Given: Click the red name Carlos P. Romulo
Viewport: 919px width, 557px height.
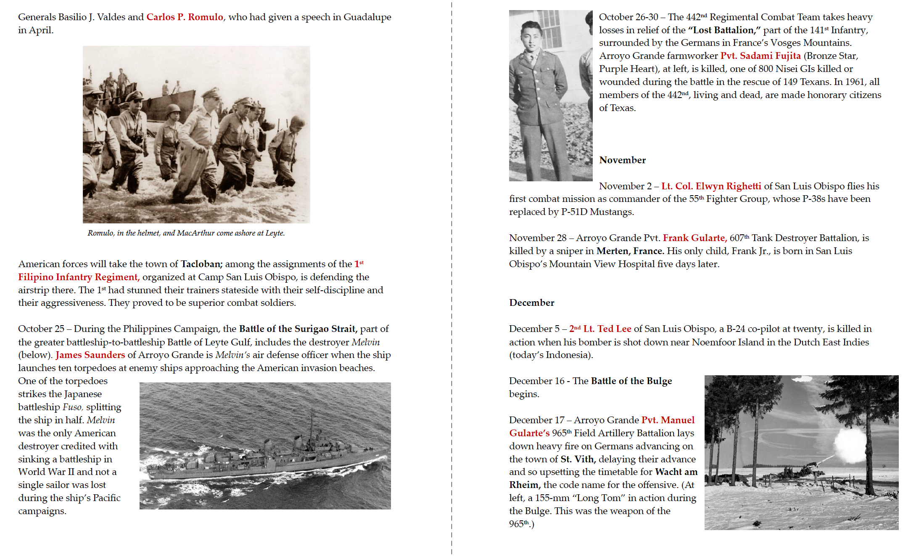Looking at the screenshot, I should [185, 17].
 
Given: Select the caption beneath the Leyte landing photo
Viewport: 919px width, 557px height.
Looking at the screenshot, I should [186, 233].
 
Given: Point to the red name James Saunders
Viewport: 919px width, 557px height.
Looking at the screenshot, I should [90, 355].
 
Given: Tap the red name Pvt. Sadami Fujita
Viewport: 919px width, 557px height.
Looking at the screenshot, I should [761, 56].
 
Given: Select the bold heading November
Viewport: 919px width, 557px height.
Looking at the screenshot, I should [622, 160].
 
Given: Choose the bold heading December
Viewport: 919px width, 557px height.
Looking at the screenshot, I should [531, 303].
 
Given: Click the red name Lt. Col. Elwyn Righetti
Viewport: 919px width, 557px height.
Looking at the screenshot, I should [711, 186].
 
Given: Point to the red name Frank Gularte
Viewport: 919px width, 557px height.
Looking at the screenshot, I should [695, 238].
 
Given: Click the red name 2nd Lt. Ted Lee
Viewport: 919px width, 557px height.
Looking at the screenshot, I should [600, 329].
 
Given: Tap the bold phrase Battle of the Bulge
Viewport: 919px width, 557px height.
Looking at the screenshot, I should [631, 381].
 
